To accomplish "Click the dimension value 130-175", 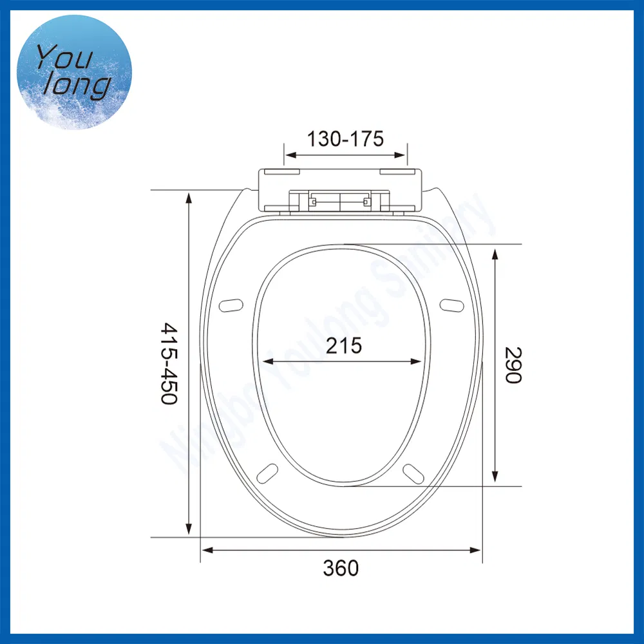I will pos(345,138).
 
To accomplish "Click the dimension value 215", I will pos(344,346).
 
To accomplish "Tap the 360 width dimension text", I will pos(341,569).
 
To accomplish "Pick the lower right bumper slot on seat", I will pos(413,472).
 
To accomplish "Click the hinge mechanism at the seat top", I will pos(339,200).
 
